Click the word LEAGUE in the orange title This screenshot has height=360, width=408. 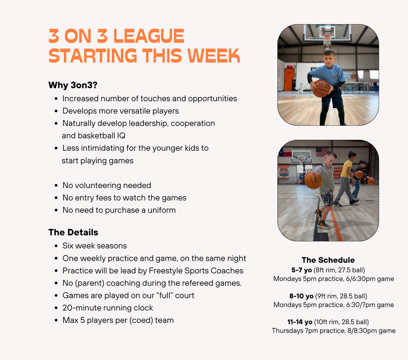pyautogui.click(x=149, y=36)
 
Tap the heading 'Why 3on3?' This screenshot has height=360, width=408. pyautogui.click(x=73, y=85)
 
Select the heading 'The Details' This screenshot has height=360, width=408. pyautogui.click(x=73, y=232)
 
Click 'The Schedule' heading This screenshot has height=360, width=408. pyautogui.click(x=328, y=260)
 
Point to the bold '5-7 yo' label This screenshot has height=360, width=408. pyautogui.click(x=302, y=270)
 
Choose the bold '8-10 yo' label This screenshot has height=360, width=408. pyautogui.click(x=301, y=296)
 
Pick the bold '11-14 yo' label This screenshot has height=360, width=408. pyautogui.click(x=300, y=322)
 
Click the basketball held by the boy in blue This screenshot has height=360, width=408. pyautogui.click(x=322, y=88)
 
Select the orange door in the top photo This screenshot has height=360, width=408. pyautogui.click(x=289, y=79)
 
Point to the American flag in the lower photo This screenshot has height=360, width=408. pyautogui.click(x=322, y=152)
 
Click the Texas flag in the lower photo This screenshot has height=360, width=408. pyautogui.click(x=285, y=152)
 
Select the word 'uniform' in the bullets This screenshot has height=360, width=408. pyautogui.click(x=162, y=210)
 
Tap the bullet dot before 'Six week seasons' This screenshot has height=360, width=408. pyautogui.click(x=56, y=246)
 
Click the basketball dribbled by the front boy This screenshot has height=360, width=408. pyautogui.click(x=313, y=179)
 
